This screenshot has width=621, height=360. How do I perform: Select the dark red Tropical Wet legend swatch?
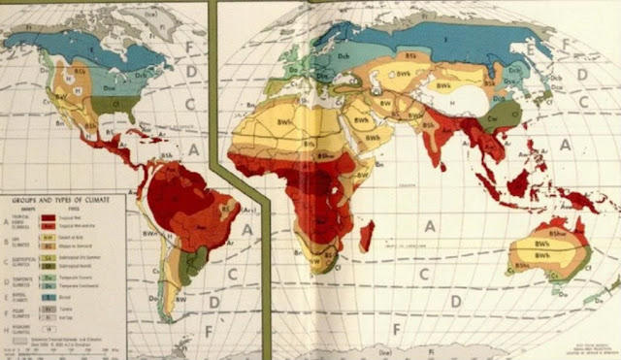pos(45,218)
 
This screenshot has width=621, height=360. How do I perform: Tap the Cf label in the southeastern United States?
pos(117,99)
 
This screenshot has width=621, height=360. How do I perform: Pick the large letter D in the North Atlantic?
pos(191,70)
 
